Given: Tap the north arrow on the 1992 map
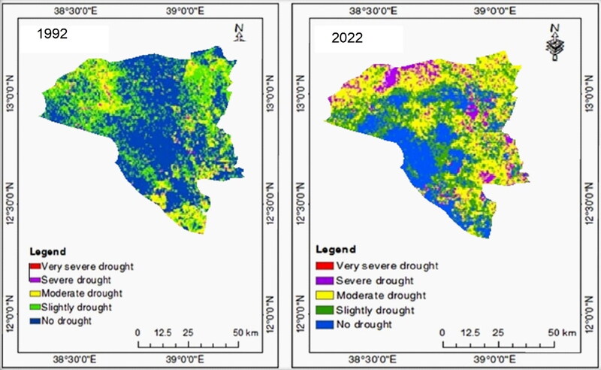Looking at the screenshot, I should click(x=240, y=33).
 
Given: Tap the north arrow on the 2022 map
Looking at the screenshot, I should click(x=554, y=41).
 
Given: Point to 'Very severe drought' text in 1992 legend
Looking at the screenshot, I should click(x=84, y=265).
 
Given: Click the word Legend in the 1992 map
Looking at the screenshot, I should click(x=48, y=251).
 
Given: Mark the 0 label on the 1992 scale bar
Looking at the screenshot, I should click(x=137, y=332).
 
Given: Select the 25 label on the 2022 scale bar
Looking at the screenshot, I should click(x=497, y=332).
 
